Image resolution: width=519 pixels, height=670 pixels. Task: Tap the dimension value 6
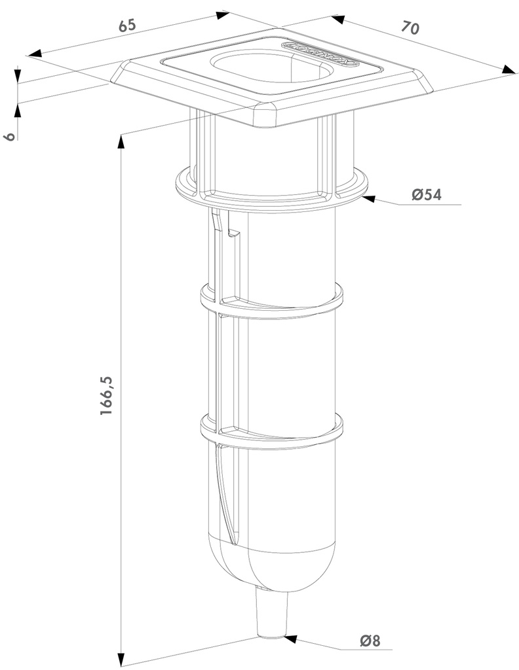coord(9,137)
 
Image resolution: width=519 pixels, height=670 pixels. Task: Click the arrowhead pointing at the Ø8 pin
coord(291,636)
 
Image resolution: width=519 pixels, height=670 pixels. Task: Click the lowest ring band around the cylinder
coord(272,432)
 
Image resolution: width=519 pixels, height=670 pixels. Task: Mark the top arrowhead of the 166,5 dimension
coord(121,141)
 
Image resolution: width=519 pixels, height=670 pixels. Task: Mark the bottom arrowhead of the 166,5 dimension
coord(121,657)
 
